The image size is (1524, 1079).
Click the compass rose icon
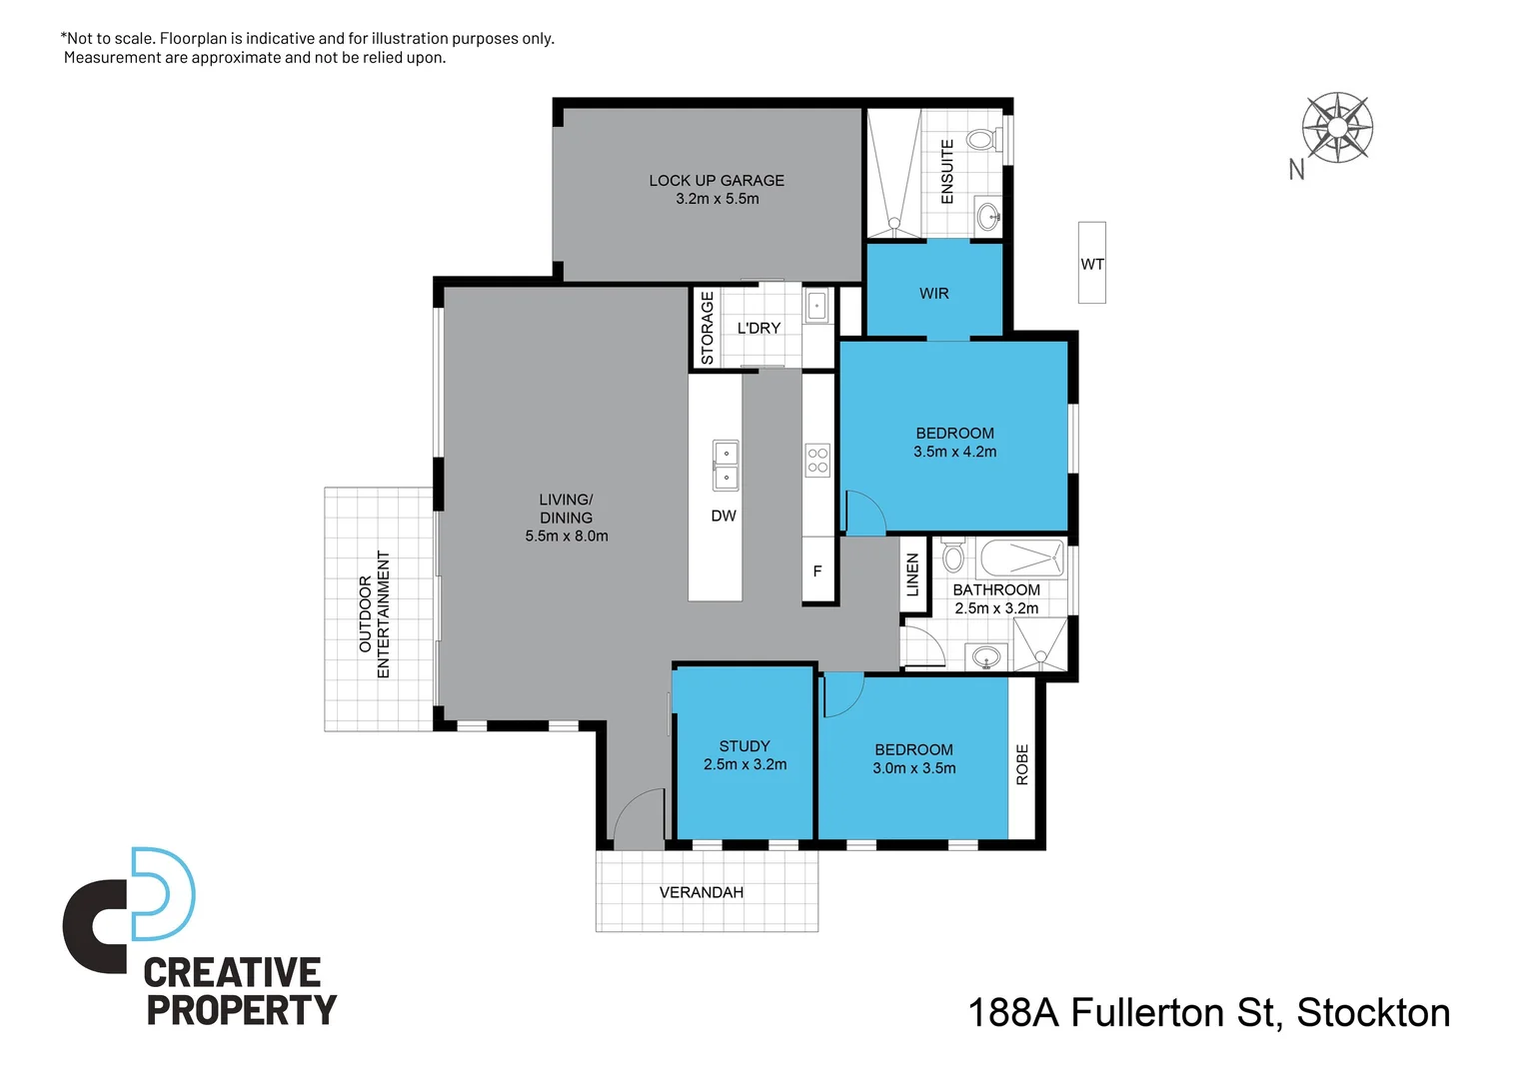click(1337, 128)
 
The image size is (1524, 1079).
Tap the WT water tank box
click(1091, 263)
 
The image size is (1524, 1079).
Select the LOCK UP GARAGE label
click(717, 181)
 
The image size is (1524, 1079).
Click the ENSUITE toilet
click(981, 139)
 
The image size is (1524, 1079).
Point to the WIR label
click(933, 294)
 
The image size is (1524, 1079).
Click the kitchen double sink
click(726, 466)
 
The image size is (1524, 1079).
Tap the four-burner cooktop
click(817, 460)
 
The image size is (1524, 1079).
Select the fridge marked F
click(817, 571)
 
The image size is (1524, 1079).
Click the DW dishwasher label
click(724, 517)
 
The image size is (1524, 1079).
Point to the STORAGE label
click(708, 328)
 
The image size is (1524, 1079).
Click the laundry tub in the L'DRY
click(816, 306)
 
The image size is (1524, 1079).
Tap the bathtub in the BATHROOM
click(1021, 557)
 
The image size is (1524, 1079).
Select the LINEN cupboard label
click(912, 575)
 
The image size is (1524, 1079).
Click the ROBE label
click(1022, 764)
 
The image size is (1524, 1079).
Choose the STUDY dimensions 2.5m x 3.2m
click(745, 765)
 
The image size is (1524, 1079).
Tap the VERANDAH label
click(701, 893)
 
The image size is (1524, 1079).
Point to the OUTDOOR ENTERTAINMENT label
click(374, 614)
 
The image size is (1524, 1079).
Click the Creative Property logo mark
click(130, 909)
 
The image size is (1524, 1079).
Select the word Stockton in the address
click(1373, 1013)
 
